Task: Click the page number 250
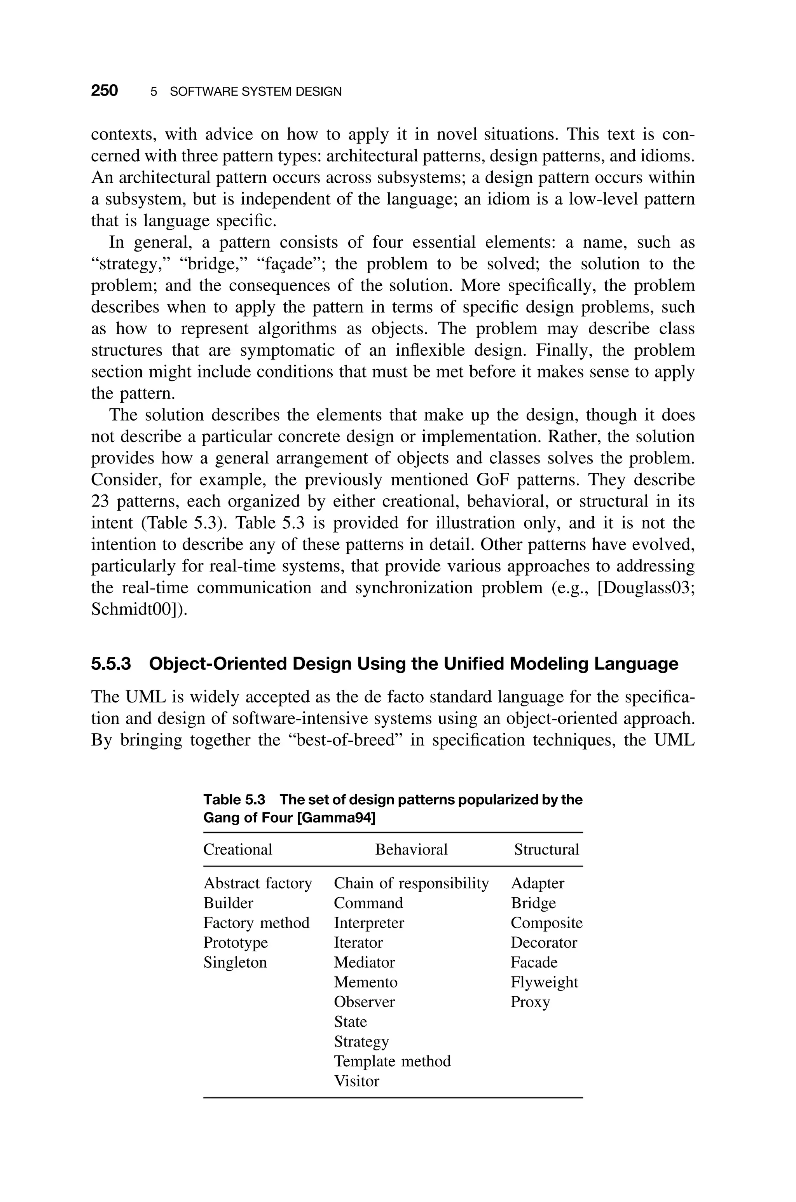pos(104,91)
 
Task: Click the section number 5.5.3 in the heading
pos(111,664)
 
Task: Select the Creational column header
pos(237,850)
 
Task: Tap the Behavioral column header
pos(411,850)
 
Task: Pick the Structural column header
pos(546,850)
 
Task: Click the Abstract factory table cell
pos(257,883)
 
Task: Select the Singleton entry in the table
pos(235,963)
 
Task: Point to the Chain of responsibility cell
pos(411,883)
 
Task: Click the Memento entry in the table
pos(365,982)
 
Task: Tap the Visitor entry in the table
pos(356,1081)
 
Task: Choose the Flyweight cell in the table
pos(544,982)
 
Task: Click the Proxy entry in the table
pos(530,1002)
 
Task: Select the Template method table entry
pos(392,1061)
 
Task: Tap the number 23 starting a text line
pos(99,501)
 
